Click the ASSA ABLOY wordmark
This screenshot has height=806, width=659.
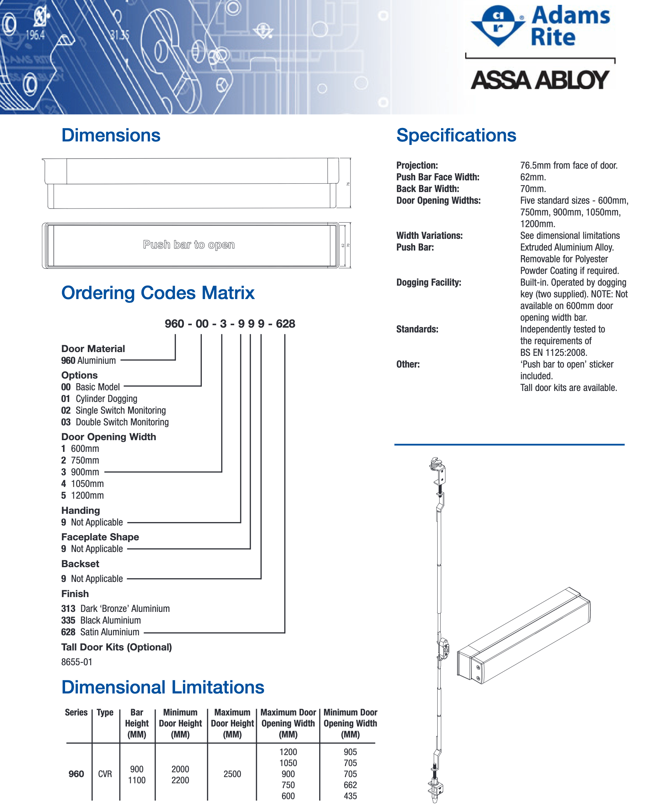540,80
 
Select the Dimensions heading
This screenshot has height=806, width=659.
111,136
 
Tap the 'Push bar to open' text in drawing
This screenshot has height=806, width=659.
189,244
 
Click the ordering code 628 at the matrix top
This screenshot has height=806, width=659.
285,324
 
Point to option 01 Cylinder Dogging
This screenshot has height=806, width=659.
100,399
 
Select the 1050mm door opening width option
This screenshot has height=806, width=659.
83,484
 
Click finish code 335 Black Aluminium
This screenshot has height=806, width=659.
101,620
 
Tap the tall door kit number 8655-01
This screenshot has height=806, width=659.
77,662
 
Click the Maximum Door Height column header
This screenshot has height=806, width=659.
232,723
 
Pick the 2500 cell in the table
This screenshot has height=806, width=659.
232,774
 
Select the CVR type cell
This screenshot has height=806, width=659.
105,774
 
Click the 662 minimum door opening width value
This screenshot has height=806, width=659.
350,785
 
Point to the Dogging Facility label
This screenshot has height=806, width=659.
429,282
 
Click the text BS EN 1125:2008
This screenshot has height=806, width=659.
553,352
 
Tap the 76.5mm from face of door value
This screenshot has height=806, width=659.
569,166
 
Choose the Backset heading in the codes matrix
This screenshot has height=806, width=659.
80,563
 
